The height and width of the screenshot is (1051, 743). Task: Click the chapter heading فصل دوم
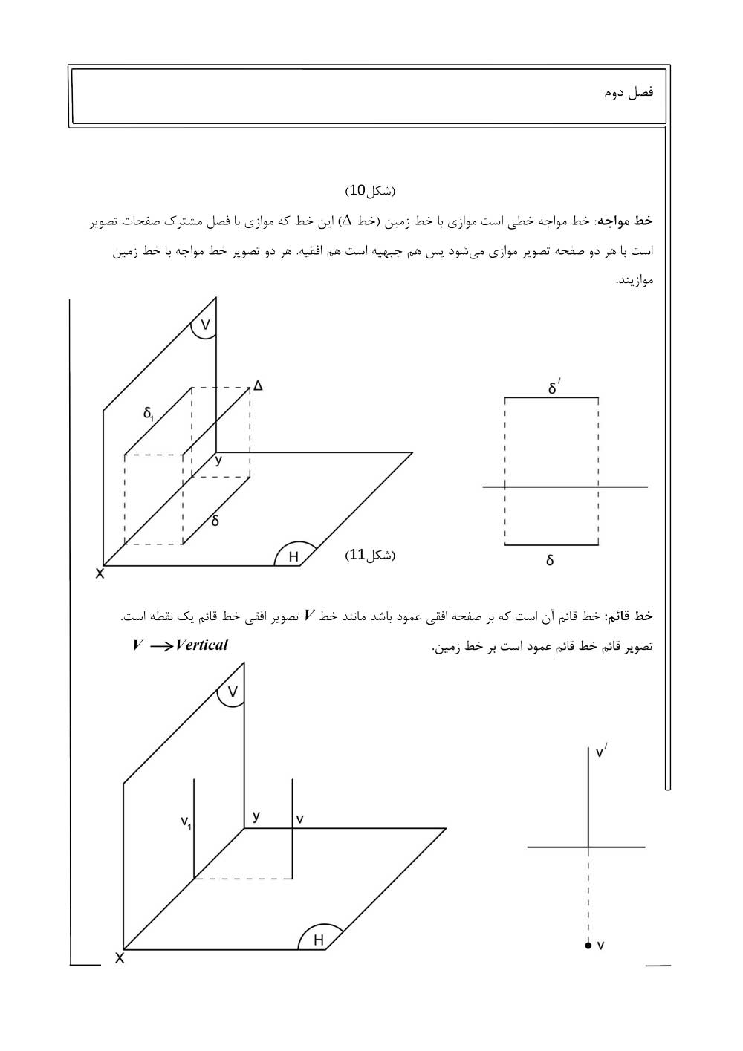point(629,93)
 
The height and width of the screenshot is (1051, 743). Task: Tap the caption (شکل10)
point(371,191)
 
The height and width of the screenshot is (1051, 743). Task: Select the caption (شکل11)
point(371,555)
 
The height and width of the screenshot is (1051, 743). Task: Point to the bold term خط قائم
point(630,616)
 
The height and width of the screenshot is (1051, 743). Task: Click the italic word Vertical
point(201,645)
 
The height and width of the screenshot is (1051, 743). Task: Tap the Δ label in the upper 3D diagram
point(258,385)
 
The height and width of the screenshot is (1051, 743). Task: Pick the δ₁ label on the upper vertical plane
point(149,413)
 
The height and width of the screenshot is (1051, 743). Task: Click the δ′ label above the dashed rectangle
point(554,387)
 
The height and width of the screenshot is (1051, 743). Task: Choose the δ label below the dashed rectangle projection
point(550,561)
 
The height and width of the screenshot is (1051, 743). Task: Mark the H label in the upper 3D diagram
point(293,556)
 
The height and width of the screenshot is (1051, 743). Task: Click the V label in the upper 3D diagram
point(206,324)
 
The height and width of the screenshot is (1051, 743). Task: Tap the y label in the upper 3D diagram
point(218,461)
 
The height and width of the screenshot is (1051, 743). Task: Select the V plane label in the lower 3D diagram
point(233,692)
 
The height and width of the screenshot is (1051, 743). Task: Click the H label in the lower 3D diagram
point(319,940)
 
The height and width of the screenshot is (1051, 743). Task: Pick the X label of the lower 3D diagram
point(119,959)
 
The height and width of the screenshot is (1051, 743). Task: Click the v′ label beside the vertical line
point(601,752)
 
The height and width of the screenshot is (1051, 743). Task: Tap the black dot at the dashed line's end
point(588,946)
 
